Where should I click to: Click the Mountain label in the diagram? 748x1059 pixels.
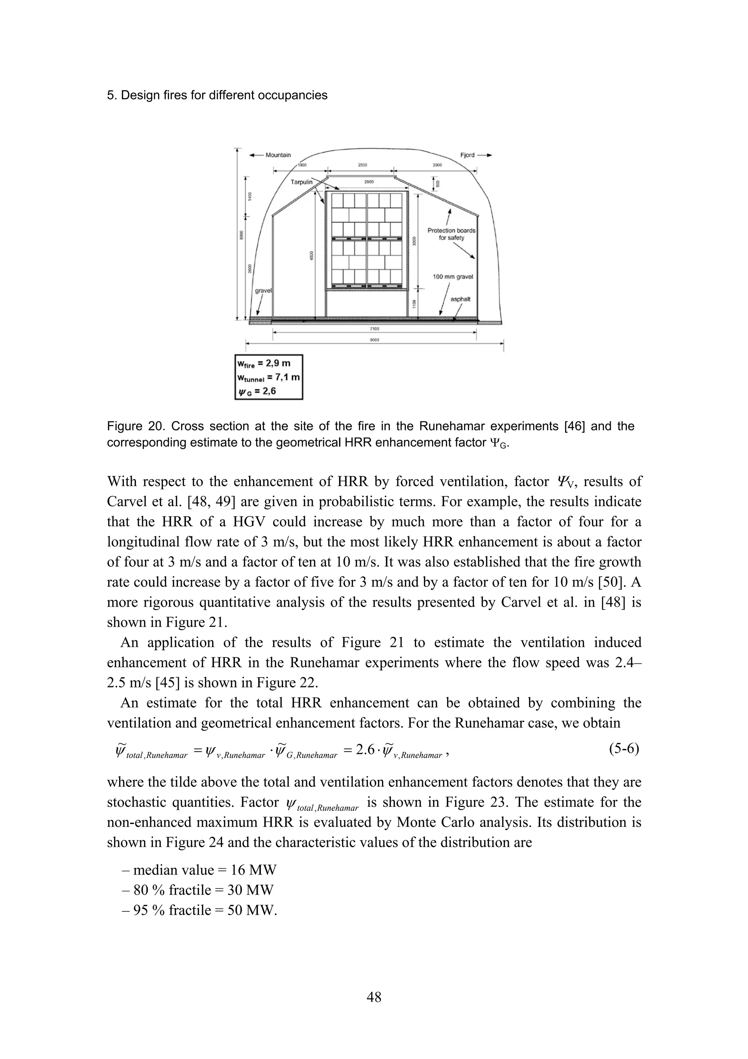point(278,155)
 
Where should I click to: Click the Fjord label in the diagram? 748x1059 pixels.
point(467,155)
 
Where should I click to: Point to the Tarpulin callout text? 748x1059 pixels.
point(301,182)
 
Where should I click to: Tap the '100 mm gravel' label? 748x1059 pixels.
point(453,277)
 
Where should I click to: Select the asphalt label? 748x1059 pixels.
point(460,299)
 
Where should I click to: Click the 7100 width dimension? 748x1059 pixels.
point(374,329)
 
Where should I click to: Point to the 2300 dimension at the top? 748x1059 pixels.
point(363,165)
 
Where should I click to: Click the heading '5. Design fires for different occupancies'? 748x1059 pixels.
point(217,95)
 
